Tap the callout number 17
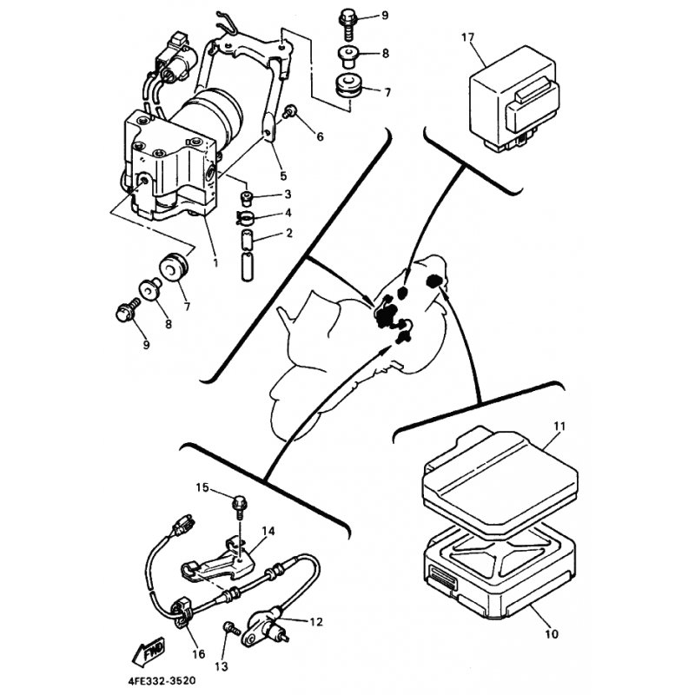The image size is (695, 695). pos(468,37)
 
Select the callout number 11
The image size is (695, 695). pos(559,427)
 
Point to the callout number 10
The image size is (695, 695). pos(552,634)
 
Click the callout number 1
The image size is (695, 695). pos(215,263)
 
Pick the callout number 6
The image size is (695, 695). pos(320,136)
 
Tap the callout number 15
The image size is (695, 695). pos(202,487)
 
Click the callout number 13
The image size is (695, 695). pos(222,665)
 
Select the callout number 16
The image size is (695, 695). pos(199,654)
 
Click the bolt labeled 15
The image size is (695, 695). pos(239,509)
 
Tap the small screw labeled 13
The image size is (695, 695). pos(231,628)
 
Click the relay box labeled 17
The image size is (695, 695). pos(514,98)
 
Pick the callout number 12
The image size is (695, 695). pos(316,622)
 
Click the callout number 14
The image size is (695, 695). pos(268,531)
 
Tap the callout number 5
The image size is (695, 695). pos(283,176)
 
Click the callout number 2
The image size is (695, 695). pos(289,233)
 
